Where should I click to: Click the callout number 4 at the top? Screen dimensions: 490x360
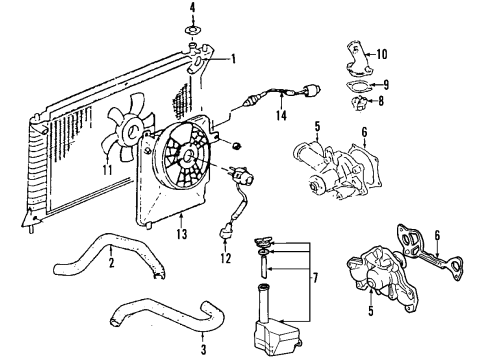[x=192, y=7]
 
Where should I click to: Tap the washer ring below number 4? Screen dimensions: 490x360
[x=192, y=31]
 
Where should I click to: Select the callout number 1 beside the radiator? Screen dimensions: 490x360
[x=233, y=59]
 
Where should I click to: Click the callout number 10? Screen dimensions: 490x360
[x=382, y=54]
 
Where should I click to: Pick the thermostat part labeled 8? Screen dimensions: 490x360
[x=359, y=103]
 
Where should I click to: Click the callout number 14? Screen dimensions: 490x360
[x=281, y=115]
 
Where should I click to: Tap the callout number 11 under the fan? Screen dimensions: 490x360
[x=107, y=170]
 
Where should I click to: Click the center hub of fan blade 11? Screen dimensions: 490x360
[x=132, y=131]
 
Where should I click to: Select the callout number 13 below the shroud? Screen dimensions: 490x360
[x=182, y=234]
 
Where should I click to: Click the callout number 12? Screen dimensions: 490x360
[x=226, y=258]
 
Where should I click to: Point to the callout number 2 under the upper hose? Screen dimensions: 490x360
[x=111, y=262]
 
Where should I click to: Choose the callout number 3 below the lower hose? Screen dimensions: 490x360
[x=203, y=349]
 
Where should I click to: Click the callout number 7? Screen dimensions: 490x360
[x=315, y=277]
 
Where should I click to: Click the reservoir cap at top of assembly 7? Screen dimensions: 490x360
[x=263, y=241]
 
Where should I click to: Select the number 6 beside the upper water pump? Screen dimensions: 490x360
[x=364, y=132]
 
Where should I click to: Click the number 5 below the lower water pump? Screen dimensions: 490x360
[x=371, y=311]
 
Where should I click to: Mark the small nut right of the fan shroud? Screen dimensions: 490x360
[x=237, y=146]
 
